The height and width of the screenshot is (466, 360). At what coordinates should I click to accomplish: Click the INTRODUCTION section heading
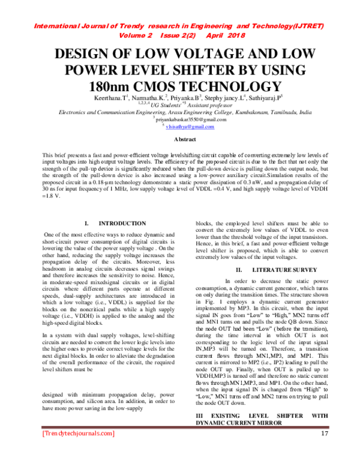tap(122, 223)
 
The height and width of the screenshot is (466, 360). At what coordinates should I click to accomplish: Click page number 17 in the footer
tap(325, 450)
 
